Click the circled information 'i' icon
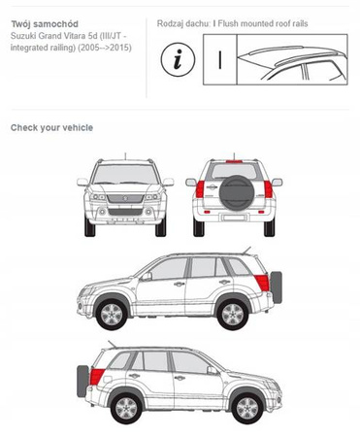(x=178, y=59)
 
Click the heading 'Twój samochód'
(x=45, y=24)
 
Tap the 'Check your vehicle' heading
(x=51, y=127)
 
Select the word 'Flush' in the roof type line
(x=228, y=23)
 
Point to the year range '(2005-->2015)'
(x=105, y=48)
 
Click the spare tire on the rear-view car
(x=237, y=193)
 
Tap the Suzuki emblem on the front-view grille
(x=125, y=198)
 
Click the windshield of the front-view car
(x=125, y=174)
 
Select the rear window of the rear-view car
(x=234, y=171)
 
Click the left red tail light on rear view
(x=200, y=189)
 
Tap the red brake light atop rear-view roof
(x=234, y=161)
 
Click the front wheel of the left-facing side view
(x=112, y=314)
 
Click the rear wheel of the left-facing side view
(x=233, y=314)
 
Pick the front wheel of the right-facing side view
(x=247, y=408)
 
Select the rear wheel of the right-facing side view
(x=126, y=408)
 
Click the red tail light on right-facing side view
(x=96, y=377)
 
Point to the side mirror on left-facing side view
(x=147, y=276)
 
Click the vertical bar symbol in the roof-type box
(x=220, y=60)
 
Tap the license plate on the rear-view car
(x=234, y=218)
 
